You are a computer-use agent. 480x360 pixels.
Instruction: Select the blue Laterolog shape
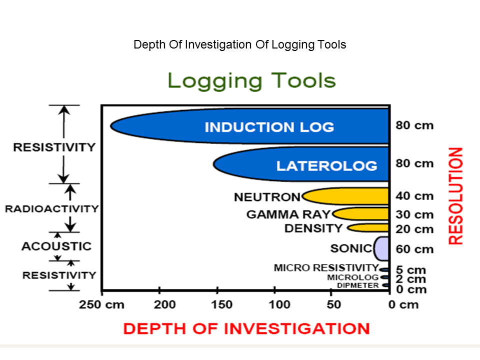[300, 164]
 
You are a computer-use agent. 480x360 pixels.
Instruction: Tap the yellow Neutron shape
[350, 196]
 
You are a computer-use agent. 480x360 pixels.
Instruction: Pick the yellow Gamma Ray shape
[362, 214]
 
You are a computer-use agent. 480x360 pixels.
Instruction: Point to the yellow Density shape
[370, 228]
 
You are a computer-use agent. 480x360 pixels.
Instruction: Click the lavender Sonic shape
[382, 248]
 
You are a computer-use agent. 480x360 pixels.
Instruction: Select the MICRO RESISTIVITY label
[326, 268]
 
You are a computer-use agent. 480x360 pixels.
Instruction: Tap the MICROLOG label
[352, 277]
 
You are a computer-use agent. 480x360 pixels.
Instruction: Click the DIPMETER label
[357, 285]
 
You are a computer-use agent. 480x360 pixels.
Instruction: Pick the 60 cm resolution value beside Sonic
[414, 249]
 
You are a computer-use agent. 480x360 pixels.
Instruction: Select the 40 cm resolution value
[414, 196]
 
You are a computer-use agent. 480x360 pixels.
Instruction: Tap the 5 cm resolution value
[411, 270]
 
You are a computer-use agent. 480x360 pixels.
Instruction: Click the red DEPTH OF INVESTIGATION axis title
[246, 328]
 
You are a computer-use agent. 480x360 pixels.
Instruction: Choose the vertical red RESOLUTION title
[455, 195]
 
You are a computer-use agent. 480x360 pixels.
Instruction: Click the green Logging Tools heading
[251, 80]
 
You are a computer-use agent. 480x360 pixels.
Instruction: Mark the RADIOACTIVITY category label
[52, 209]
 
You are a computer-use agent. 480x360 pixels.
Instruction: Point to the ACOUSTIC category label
[56, 246]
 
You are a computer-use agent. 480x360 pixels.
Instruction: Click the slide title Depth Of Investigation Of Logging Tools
[240, 44]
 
